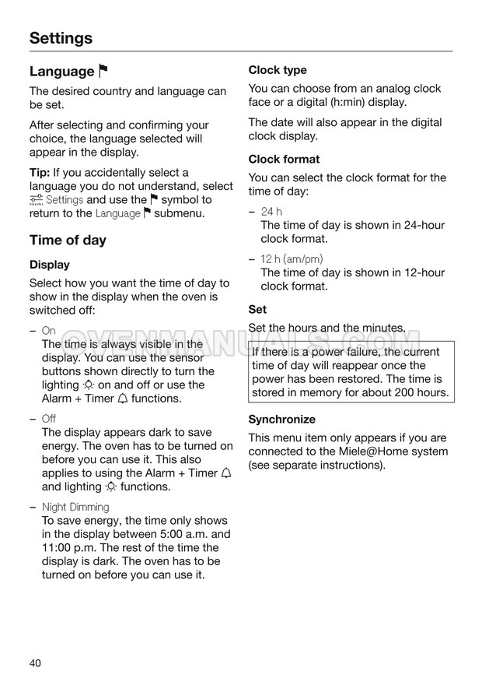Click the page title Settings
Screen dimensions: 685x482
point(61,38)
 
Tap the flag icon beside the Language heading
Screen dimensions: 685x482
point(103,72)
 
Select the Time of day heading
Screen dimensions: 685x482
point(68,240)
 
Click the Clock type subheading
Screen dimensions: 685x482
point(278,70)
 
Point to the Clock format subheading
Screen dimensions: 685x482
point(284,160)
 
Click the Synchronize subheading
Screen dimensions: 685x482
point(281,420)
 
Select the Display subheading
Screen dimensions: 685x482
point(50,265)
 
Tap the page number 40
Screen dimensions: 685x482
point(36,663)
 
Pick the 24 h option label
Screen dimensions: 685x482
point(271,212)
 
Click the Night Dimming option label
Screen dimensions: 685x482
point(75,507)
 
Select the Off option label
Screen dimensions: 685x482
point(48,419)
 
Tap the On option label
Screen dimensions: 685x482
point(48,330)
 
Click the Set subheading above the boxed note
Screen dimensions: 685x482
point(257,310)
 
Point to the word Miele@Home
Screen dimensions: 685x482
point(401,451)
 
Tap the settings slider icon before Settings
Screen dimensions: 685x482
point(36,200)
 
